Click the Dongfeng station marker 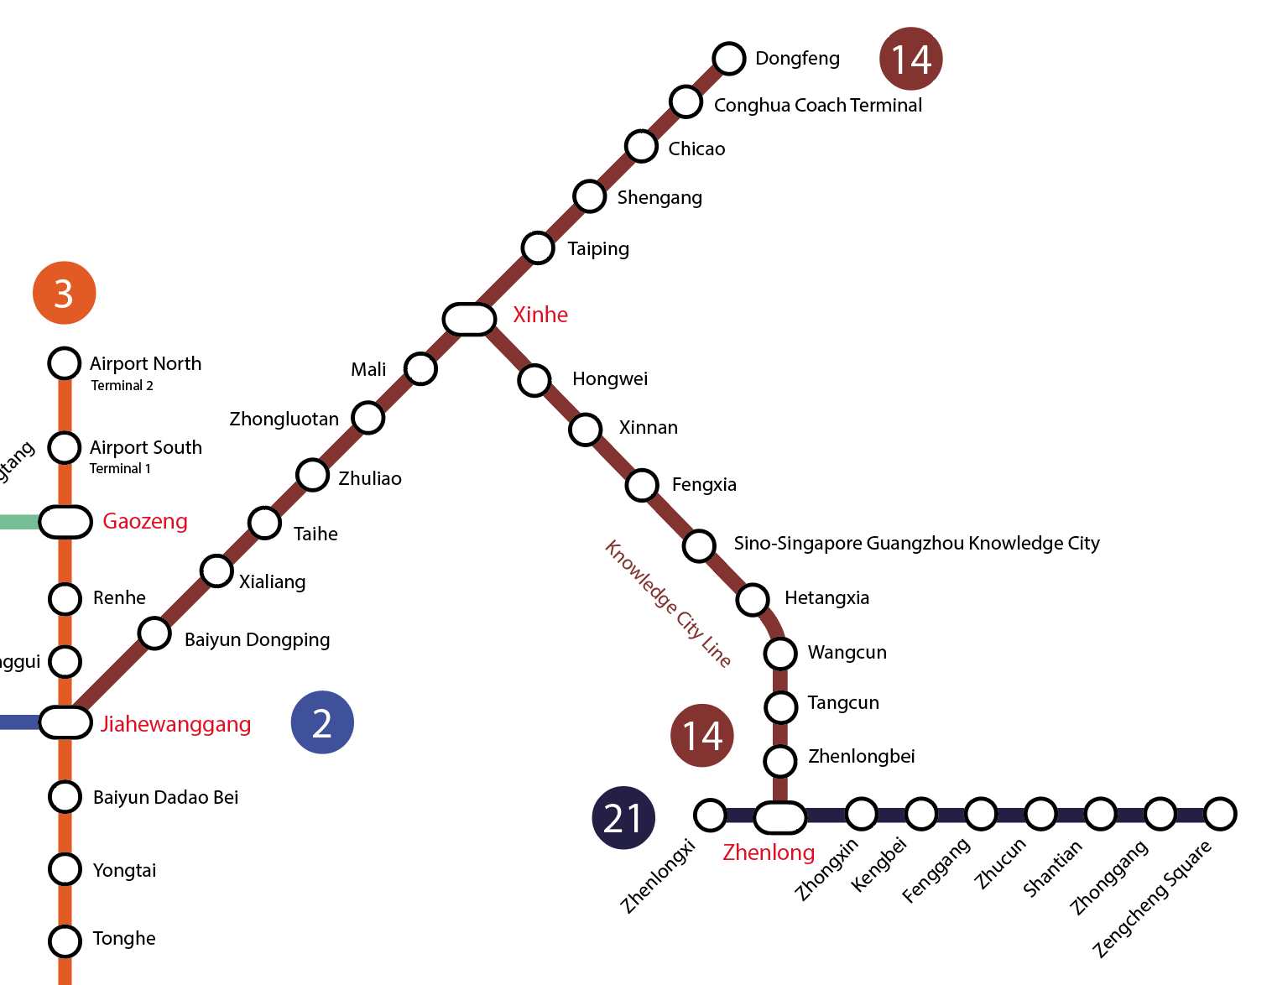point(729,59)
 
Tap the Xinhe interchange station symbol point(469,319)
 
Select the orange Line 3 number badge point(64,294)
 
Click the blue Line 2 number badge point(322,722)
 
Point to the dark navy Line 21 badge point(623,818)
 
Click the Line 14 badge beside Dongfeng point(911,59)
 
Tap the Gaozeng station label point(145,521)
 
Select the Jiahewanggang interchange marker point(65,722)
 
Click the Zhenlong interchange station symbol point(779,817)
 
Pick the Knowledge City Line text point(668,603)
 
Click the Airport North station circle point(65,363)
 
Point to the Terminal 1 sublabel point(120,469)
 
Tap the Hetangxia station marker point(753,599)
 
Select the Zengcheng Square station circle point(1220,813)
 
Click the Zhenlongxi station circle point(710,815)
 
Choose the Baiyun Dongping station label point(257,640)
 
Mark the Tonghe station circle point(65,941)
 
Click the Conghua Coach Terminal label point(817,106)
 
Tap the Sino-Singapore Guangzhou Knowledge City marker point(699,545)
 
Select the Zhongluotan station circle point(368,417)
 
